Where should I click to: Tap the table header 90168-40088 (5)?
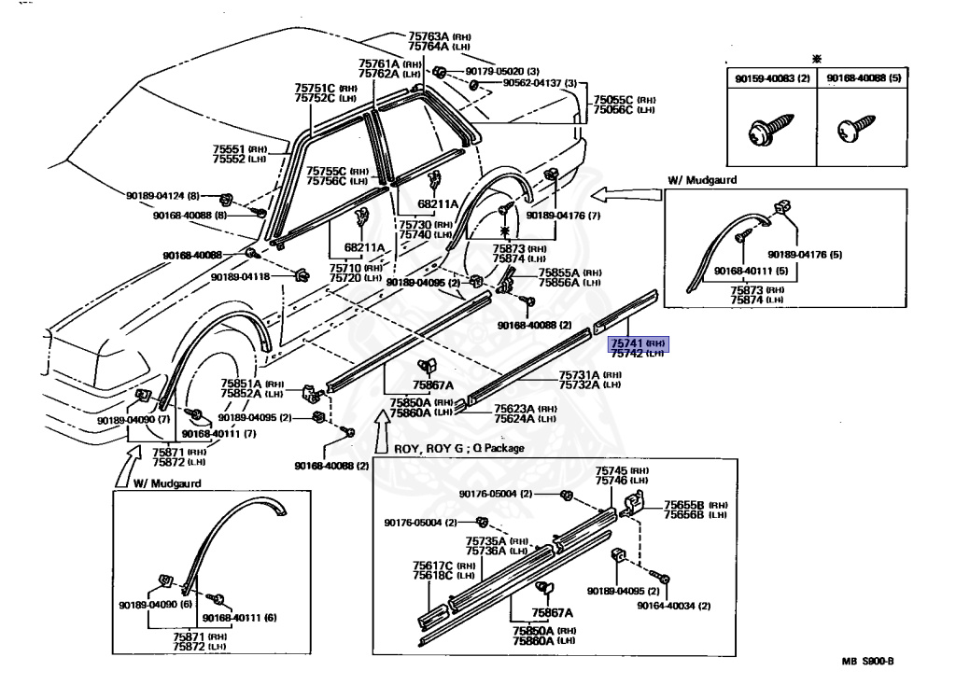pyautogui.click(x=863, y=80)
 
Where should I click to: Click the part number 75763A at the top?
pyautogui.click(x=429, y=36)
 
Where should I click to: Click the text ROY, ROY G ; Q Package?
pyautogui.click(x=458, y=448)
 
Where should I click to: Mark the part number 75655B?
pyautogui.click(x=682, y=504)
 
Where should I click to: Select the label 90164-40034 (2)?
pyautogui.click(x=674, y=606)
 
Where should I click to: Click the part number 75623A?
pyautogui.click(x=514, y=408)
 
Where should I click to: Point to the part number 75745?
pyautogui.click(x=612, y=470)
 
